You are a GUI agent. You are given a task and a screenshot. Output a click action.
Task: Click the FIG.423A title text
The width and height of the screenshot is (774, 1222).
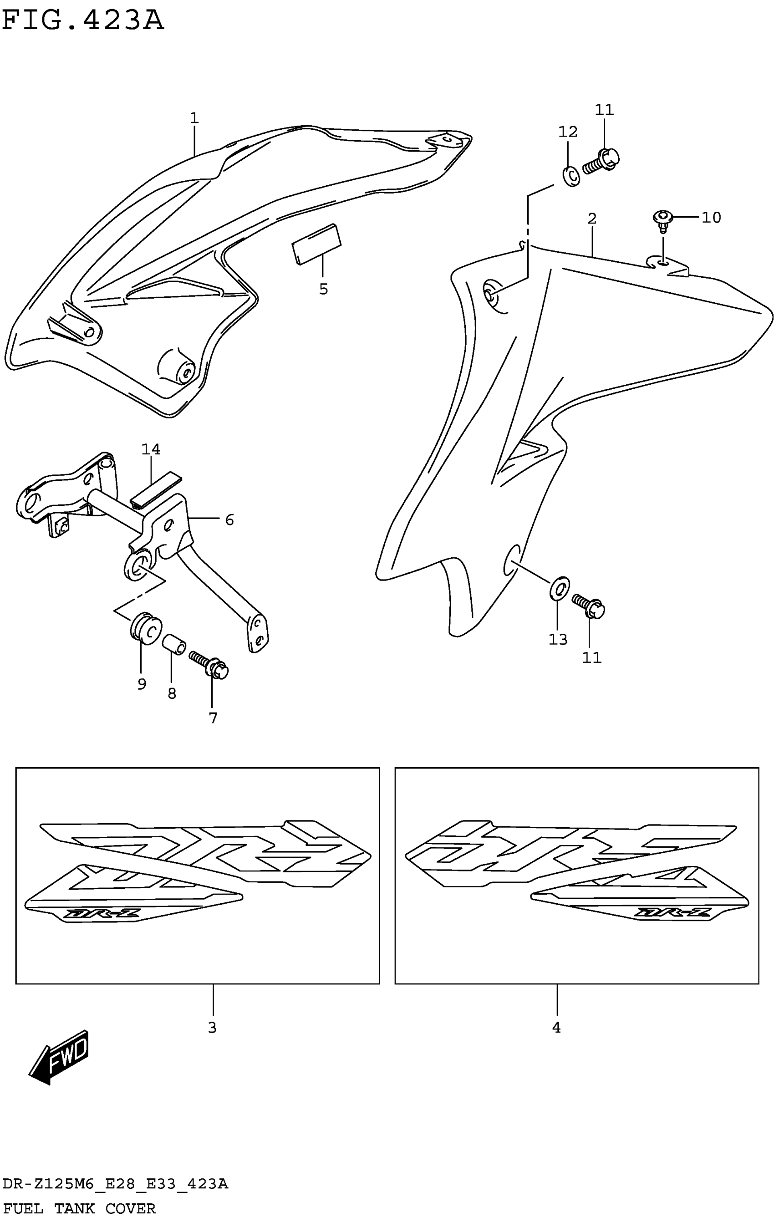[83, 21]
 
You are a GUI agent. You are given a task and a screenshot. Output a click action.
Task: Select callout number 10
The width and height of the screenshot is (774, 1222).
[711, 218]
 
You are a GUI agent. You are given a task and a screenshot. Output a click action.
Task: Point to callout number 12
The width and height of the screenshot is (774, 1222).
[568, 132]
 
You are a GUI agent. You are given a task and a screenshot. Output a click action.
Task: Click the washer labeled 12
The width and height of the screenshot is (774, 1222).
[571, 176]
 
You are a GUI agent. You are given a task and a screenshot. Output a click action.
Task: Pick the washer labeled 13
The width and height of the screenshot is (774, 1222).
[559, 588]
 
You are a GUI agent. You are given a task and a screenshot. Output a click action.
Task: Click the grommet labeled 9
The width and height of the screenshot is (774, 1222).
[145, 628]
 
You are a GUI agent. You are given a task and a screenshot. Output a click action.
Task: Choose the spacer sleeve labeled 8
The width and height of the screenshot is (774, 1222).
[173, 644]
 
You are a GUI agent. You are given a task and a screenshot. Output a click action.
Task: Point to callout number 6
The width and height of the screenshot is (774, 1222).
[229, 519]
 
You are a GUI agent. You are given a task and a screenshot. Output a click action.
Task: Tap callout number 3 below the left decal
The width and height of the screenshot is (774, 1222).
[213, 1028]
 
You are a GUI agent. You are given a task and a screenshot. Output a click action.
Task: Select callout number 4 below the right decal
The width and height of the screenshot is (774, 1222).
[557, 1028]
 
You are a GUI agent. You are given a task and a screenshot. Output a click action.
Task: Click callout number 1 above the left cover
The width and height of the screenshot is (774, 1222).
[194, 118]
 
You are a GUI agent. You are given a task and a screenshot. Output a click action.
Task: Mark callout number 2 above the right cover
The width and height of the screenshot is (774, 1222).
[592, 219]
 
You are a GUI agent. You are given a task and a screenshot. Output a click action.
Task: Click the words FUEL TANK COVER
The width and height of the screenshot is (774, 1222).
[80, 1209]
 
